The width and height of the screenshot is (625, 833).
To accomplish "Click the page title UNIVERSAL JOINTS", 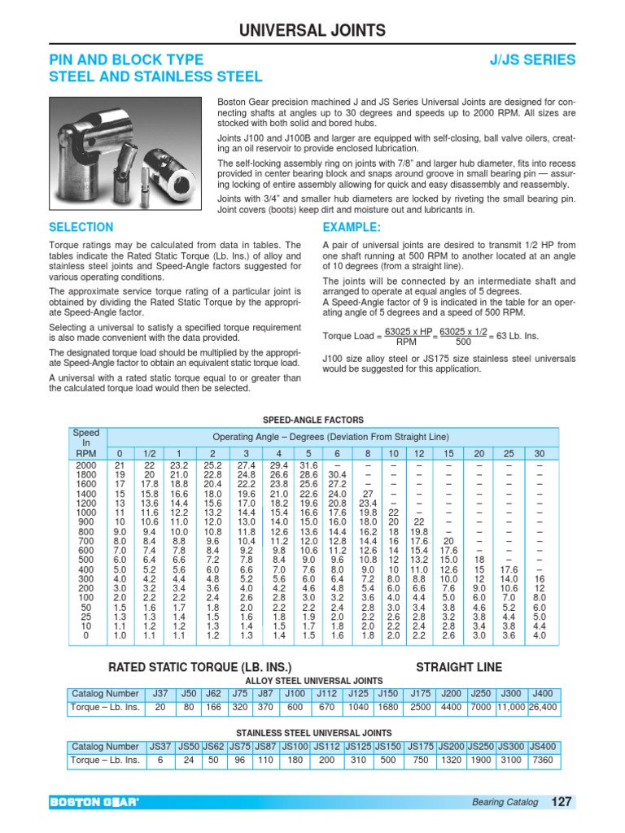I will tap(312, 31).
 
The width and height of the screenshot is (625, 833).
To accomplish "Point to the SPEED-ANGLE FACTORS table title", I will tap(312, 420).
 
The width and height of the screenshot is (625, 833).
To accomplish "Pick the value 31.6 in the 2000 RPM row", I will tap(308, 464).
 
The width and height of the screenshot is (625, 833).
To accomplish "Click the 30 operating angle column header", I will tap(539, 453).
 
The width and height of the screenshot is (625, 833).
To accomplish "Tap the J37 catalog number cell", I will tap(160, 693).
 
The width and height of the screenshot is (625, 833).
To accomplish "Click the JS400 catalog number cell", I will tap(542, 746).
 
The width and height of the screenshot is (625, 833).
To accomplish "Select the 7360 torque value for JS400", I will tap(542, 761).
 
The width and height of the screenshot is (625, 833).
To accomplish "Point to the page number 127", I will tap(562, 802).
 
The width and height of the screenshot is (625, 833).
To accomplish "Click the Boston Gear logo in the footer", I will tap(95, 803).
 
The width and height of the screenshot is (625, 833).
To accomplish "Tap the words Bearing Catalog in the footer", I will tap(505, 803).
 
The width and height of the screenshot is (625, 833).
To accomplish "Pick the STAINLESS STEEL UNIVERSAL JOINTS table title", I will tap(313, 733).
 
